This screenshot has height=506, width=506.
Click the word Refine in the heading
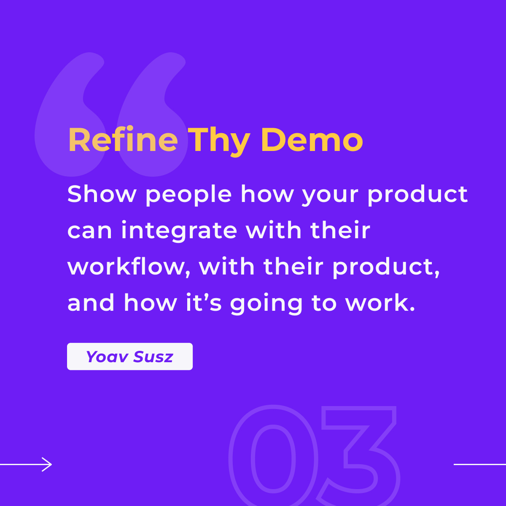(123, 140)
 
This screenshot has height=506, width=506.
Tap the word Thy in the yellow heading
(219, 142)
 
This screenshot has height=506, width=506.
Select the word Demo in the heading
(312, 140)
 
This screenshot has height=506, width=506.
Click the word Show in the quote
(102, 194)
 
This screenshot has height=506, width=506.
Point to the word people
(188, 195)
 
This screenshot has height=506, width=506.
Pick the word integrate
(179, 231)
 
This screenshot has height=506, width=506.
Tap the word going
(266, 304)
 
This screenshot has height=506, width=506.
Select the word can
(89, 231)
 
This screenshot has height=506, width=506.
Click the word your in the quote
(330, 196)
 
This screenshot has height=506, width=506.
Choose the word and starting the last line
(91, 302)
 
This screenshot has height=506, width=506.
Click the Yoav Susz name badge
(130, 356)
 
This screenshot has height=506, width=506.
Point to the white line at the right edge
(480, 464)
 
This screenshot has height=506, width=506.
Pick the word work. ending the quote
(380, 302)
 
